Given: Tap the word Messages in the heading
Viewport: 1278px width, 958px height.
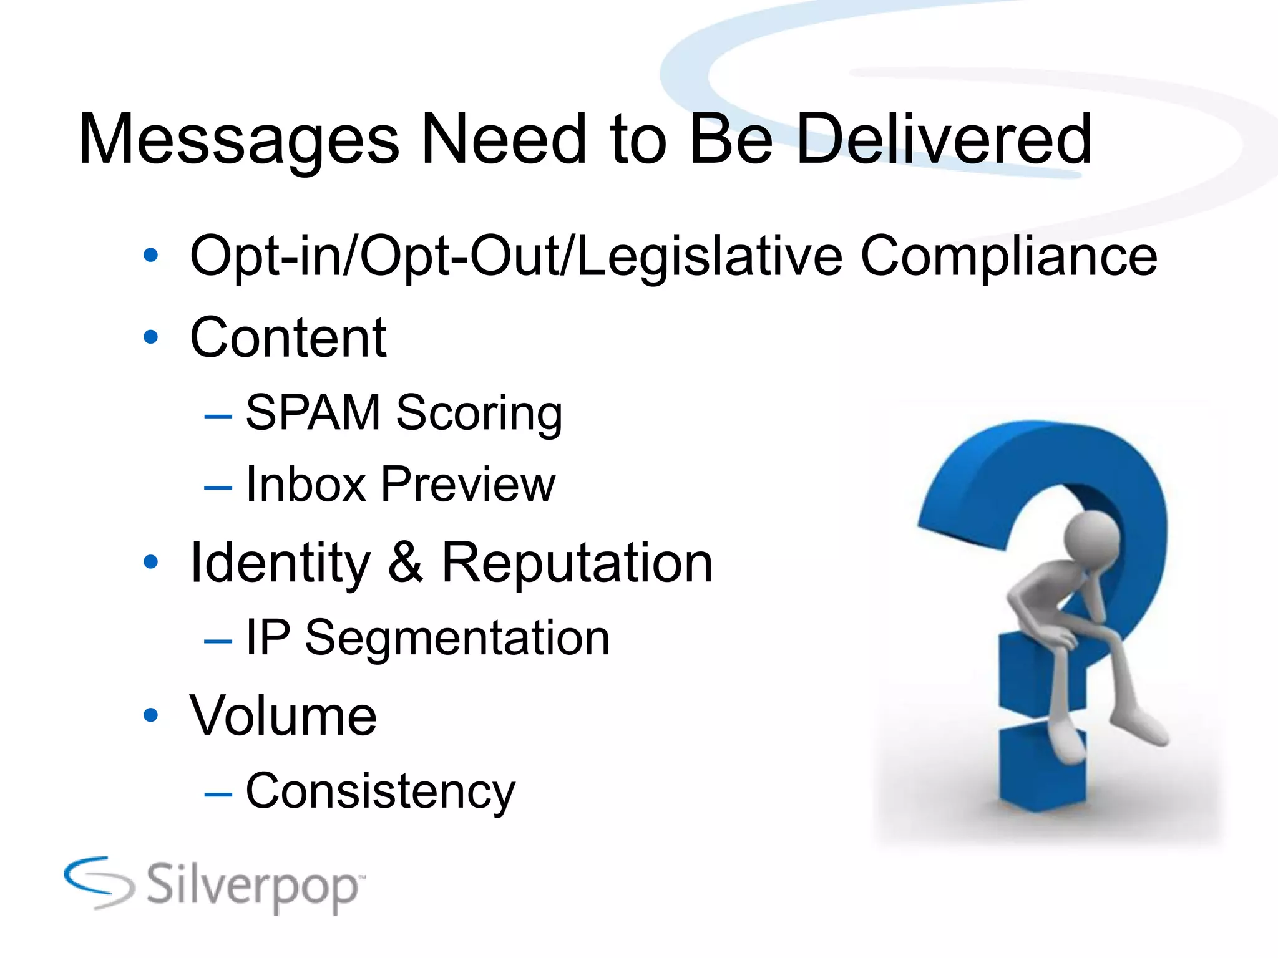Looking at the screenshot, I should [238, 141].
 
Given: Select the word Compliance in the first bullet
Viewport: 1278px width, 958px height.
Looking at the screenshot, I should [1008, 257].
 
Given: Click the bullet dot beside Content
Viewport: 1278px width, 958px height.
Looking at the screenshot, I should [150, 337].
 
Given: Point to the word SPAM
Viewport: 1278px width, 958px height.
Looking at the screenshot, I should [313, 412].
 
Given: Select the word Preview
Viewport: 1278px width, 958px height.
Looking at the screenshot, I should [467, 484].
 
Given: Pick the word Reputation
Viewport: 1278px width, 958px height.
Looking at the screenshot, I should [577, 563].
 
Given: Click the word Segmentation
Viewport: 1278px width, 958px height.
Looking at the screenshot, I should [457, 638].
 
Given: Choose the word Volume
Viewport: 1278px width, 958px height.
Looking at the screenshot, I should [283, 715].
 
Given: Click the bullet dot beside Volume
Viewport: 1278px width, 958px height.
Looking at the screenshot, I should [150, 715].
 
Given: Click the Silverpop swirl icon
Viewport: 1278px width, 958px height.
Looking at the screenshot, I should [99, 882].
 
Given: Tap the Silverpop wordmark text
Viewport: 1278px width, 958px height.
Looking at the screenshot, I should [253, 886].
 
